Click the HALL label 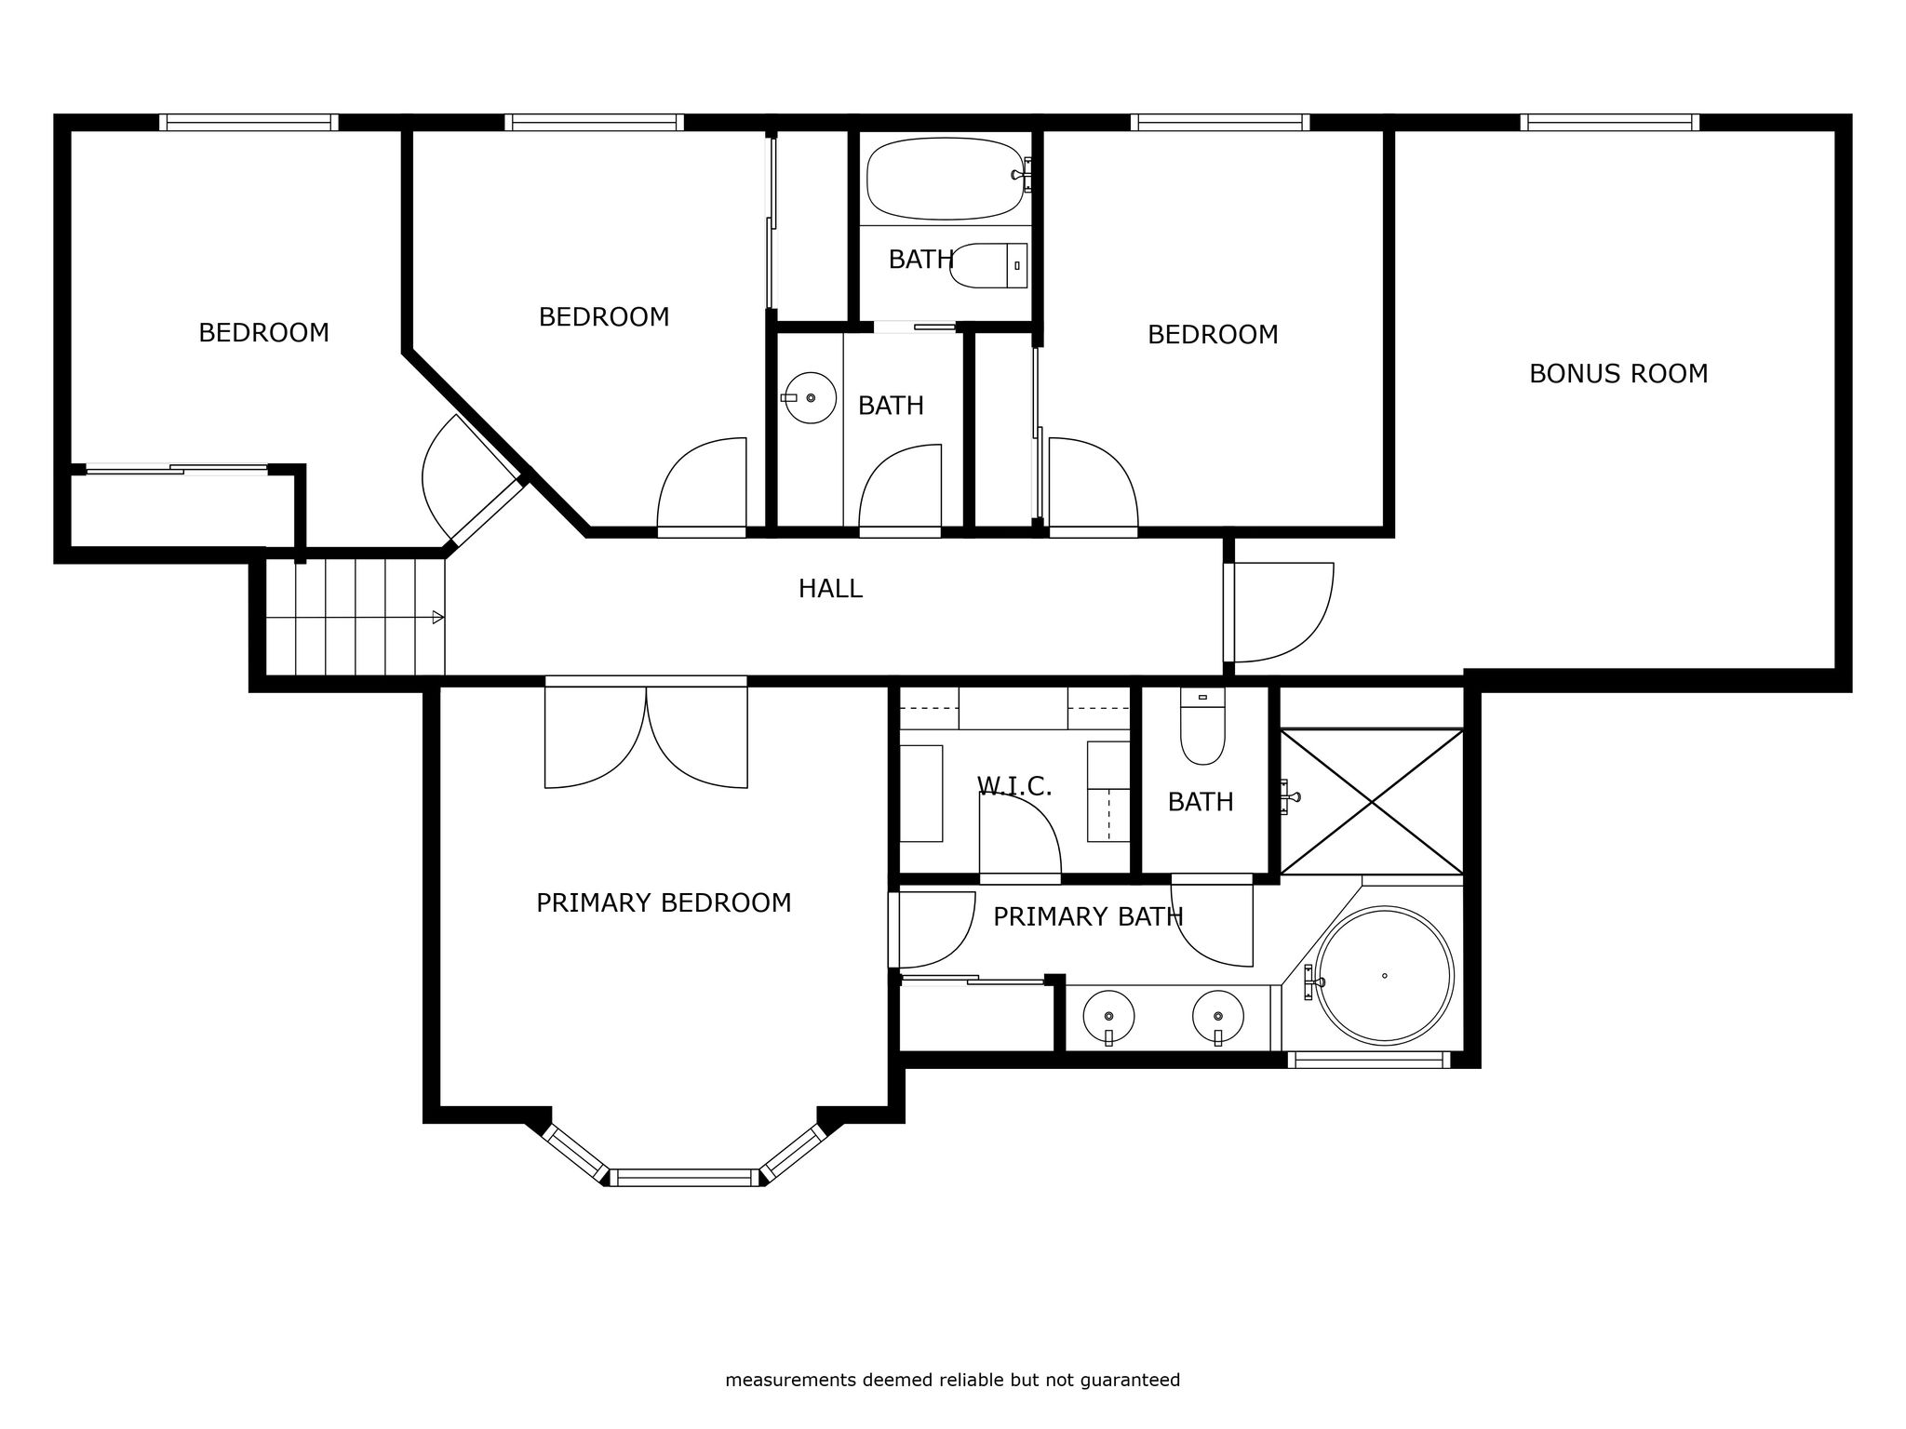coord(830,589)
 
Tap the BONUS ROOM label coord(1618,374)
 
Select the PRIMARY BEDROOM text coord(664,903)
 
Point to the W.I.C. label coord(1014,786)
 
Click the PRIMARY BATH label coord(1088,917)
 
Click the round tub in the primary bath coord(1384,975)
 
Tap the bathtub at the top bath coord(944,179)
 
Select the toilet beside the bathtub coord(988,265)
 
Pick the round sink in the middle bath coord(811,398)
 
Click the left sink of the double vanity coord(1108,1017)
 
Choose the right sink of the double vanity coord(1218,1017)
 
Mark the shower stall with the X coord(1372,802)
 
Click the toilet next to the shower coord(1202,727)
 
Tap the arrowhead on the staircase coord(438,618)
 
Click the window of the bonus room coord(1610,122)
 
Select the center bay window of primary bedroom coord(685,1178)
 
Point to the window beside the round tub coord(1369,1060)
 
